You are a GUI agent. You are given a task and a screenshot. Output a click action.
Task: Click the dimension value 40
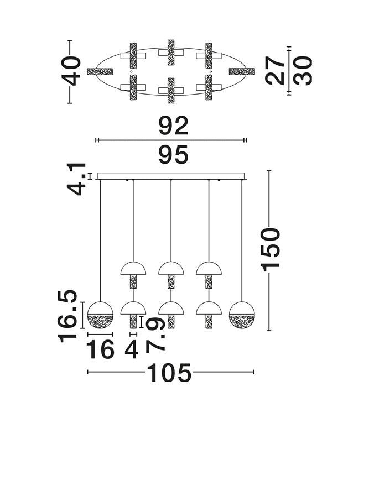click(72, 71)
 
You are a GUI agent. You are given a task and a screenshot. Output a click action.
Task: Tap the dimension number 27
click(276, 70)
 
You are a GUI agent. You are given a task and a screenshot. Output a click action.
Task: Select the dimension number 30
click(303, 70)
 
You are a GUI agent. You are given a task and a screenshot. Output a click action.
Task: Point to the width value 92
click(173, 127)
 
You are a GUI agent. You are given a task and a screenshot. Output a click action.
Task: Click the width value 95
click(173, 155)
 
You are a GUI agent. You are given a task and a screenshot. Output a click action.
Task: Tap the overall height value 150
click(271, 248)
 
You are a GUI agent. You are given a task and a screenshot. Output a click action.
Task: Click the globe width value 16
click(101, 349)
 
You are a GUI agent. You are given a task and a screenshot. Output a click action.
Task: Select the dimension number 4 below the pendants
click(132, 349)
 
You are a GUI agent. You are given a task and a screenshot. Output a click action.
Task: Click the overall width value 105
click(169, 374)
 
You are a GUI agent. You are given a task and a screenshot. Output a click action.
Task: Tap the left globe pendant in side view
click(101, 315)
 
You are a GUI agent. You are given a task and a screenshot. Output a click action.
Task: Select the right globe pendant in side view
click(242, 315)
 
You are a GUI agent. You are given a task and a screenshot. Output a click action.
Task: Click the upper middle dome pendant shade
click(171, 269)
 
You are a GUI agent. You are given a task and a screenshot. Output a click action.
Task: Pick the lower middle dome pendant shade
click(171, 309)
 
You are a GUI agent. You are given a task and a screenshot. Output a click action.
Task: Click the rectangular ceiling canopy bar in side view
click(171, 176)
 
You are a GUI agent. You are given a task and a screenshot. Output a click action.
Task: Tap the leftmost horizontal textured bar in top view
click(100, 71)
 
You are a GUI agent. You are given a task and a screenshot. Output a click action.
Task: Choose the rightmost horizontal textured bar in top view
click(242, 71)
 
